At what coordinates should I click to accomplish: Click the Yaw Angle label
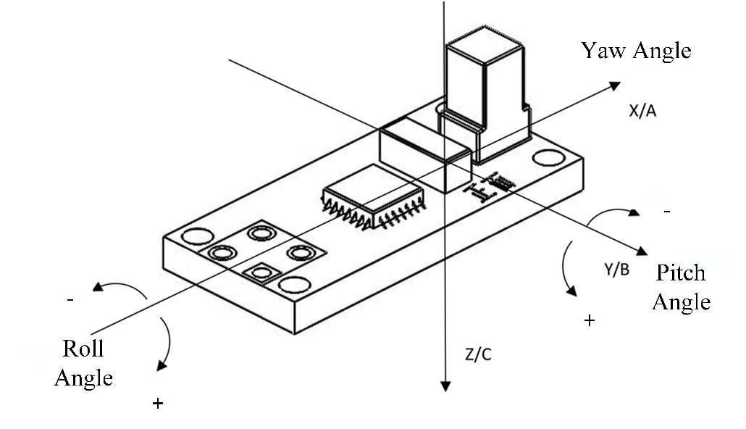636,51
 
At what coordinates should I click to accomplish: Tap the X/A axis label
642,111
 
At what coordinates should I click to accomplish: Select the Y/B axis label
617,270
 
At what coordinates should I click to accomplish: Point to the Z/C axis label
478,355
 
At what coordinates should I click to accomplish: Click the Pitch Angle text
682,288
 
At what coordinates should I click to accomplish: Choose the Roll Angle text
84,363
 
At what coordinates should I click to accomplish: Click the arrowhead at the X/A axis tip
615,86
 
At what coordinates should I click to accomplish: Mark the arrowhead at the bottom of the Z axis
445,386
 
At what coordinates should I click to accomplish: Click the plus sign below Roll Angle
157,404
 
